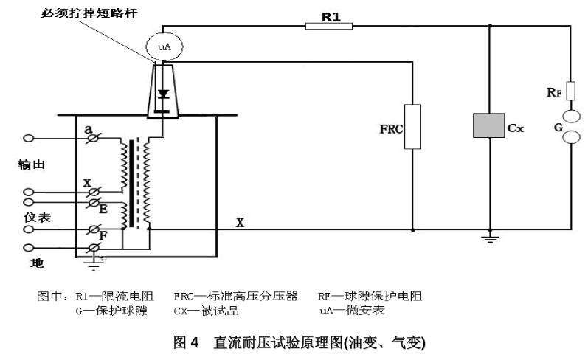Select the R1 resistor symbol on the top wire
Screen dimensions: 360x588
tap(328, 27)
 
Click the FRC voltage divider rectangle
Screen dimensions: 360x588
tap(412, 127)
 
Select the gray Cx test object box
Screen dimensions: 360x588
tap(489, 126)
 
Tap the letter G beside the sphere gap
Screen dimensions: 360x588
tap(558, 127)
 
